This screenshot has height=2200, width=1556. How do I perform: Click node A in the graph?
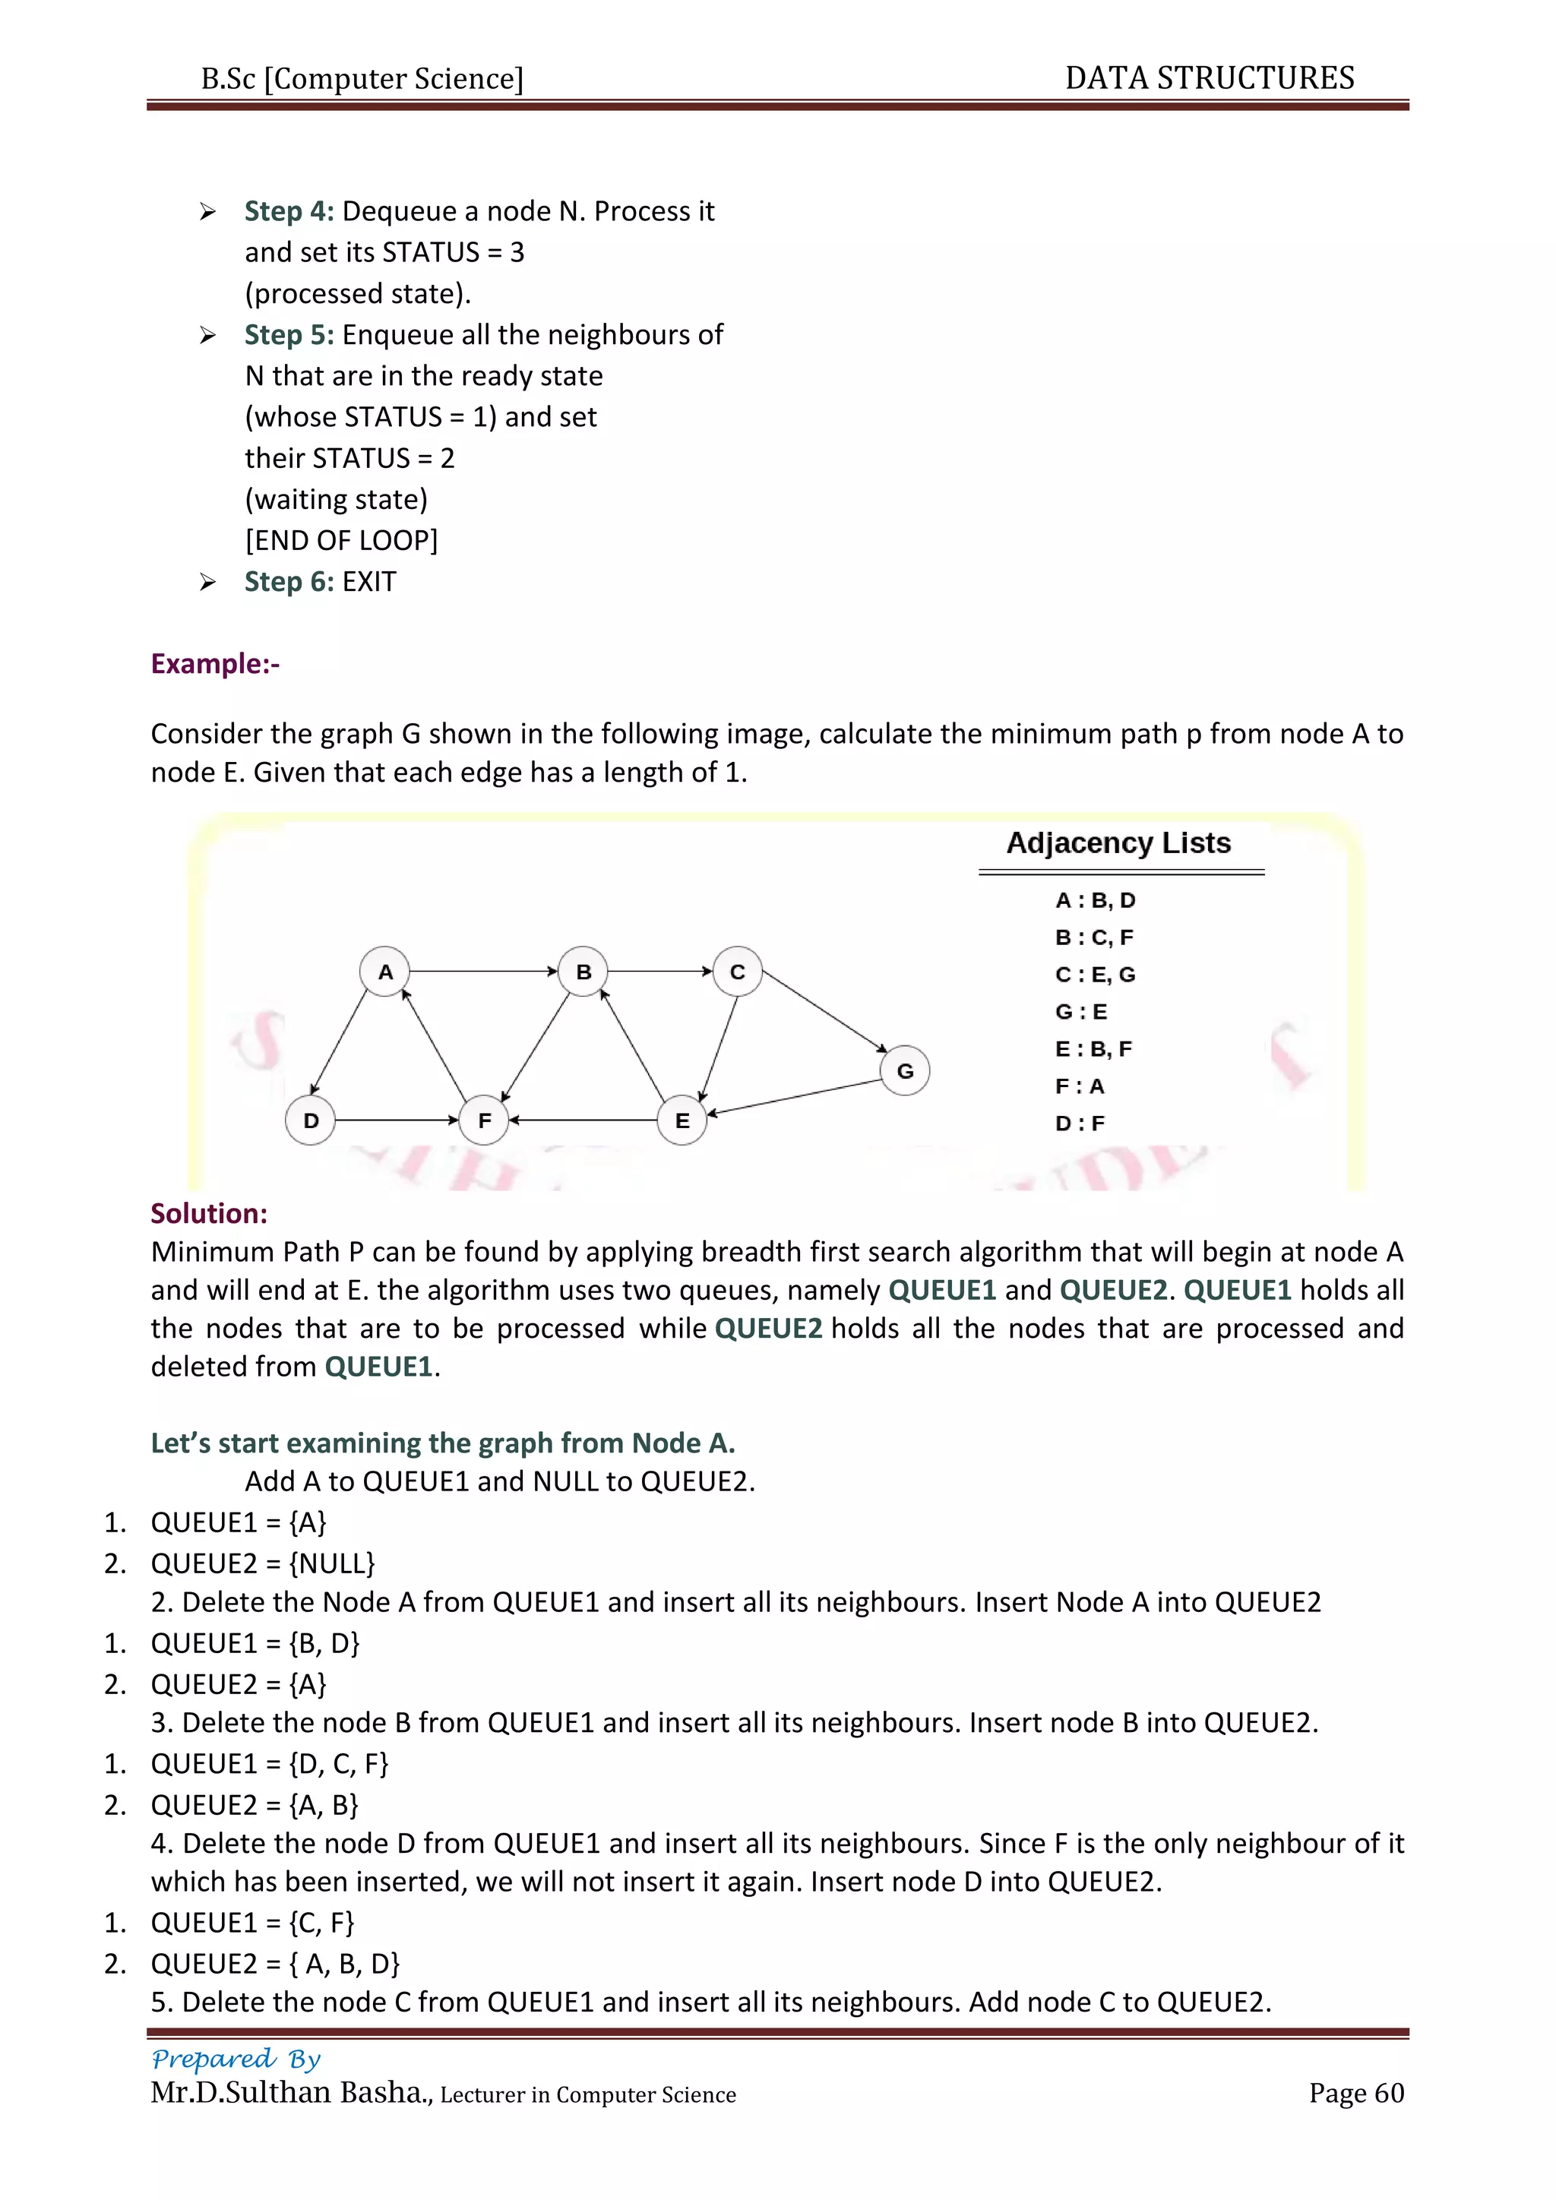(x=385, y=972)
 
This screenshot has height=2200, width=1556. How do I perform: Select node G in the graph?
(x=904, y=1070)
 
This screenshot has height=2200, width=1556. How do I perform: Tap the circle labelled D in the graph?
(x=311, y=1120)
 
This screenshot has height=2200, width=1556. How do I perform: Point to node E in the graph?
(x=682, y=1120)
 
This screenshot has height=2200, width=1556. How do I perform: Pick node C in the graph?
(x=737, y=972)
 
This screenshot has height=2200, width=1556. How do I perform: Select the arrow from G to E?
(x=795, y=1097)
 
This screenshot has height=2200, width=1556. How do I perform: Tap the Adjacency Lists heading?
(x=1118, y=843)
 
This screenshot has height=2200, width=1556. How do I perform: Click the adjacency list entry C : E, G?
(x=1095, y=975)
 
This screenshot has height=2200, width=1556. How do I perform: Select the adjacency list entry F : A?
(x=1080, y=1086)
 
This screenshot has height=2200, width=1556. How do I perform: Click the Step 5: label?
(x=289, y=334)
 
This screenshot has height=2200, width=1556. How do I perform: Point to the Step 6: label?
(x=289, y=582)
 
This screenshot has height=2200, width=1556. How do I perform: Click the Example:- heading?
(x=214, y=663)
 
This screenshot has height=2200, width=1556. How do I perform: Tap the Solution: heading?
(x=209, y=1213)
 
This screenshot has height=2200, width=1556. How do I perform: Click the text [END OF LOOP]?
(x=341, y=540)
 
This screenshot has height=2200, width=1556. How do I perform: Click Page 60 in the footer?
(x=1355, y=2093)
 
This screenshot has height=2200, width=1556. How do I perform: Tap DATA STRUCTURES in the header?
(x=1209, y=77)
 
